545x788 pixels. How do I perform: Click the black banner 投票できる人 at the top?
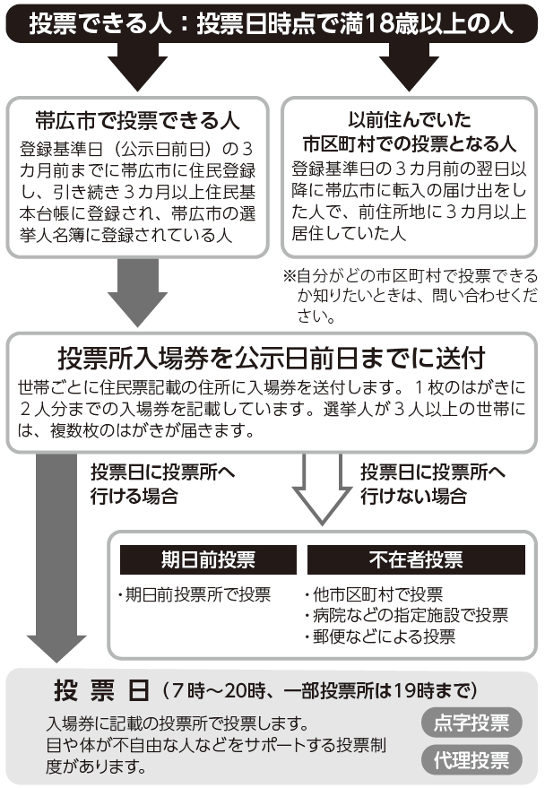272,23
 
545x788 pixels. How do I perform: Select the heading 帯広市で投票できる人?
137,121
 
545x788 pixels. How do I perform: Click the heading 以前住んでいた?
410,119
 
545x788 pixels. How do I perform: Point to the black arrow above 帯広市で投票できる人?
137,66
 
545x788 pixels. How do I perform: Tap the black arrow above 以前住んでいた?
409,66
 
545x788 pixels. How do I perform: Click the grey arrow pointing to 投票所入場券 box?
137,292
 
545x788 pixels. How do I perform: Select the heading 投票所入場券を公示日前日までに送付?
272,359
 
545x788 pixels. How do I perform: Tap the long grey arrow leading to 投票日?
56,558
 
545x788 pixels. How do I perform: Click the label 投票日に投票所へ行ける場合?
162,484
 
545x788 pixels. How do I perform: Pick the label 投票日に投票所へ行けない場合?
432,484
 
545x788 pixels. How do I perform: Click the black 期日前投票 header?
208,559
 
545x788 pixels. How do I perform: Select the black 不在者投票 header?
416,559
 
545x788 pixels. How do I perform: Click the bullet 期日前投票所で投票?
195,594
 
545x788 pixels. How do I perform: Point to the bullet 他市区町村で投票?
374,594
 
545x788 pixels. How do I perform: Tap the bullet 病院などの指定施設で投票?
407,615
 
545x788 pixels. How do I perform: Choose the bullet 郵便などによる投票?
380,636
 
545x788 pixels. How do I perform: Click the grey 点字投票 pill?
471,723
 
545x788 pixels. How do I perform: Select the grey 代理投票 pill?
471,760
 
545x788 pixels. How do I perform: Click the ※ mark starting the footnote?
290,275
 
